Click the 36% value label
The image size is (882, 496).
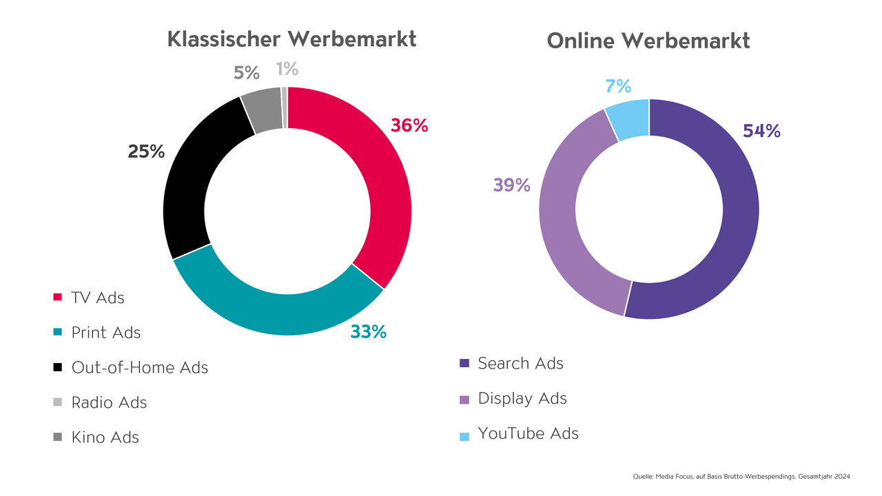tap(409, 125)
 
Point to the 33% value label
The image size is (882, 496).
tap(368, 332)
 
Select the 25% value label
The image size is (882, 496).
tap(146, 152)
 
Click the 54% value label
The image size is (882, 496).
tap(761, 131)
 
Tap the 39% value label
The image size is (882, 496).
tap(511, 185)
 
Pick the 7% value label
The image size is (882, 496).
tap(618, 86)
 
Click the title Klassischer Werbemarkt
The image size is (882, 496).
tap(291, 39)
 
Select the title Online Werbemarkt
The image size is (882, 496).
tap(648, 41)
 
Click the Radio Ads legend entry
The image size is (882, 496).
tap(109, 402)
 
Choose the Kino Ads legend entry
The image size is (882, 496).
tap(105, 437)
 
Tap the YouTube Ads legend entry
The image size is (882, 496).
tap(528, 433)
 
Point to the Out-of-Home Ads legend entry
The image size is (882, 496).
tap(139, 367)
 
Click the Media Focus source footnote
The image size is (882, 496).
tap(741, 477)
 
